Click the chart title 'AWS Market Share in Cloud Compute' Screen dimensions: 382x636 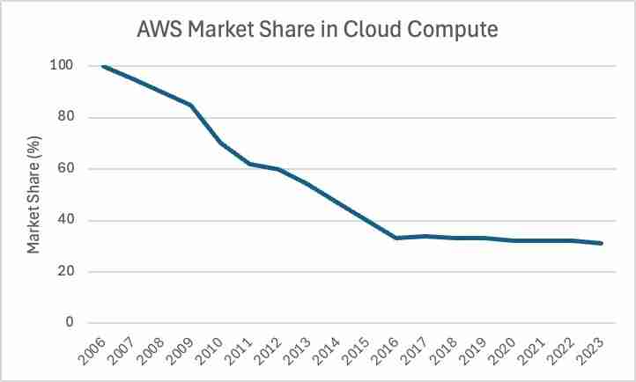[x=318, y=30]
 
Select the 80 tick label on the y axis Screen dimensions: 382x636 [x=64, y=117]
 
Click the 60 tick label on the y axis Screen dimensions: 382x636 [x=64, y=169]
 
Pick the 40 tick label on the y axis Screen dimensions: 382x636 [x=64, y=221]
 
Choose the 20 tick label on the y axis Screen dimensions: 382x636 [x=64, y=272]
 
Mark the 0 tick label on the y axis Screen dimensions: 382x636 [x=68, y=323]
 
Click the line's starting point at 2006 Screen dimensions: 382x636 [x=103, y=66]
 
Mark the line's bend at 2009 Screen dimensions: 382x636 [x=191, y=105]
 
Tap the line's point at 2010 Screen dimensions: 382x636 [x=220, y=143]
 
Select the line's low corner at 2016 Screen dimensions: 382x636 [x=396, y=238]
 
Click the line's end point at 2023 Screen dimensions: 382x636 [x=603, y=243]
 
